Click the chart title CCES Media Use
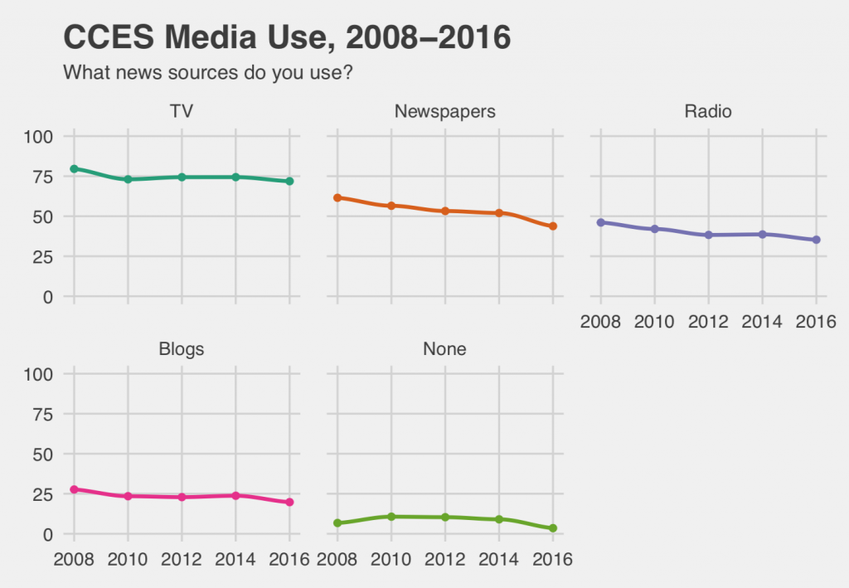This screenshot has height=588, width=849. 286,37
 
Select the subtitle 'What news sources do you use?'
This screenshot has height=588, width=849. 208,73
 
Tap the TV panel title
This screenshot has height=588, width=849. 181,111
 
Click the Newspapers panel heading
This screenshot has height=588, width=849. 444,111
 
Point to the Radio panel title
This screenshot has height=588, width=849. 707,111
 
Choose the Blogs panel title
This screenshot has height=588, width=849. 181,349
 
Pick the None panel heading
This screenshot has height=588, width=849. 444,349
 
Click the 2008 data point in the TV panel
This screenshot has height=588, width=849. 74,168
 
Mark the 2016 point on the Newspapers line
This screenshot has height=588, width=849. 552,226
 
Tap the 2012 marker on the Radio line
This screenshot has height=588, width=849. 708,235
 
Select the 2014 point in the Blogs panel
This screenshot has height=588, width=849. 235,495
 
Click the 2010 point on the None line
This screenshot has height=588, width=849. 391,517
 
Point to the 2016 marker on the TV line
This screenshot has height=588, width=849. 289,181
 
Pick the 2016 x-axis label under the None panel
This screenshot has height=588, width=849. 552,560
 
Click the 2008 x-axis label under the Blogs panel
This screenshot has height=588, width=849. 74,560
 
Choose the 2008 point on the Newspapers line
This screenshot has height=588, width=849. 337,197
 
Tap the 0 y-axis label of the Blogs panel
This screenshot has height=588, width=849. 48,534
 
